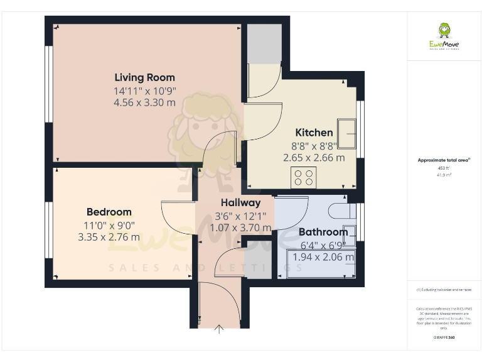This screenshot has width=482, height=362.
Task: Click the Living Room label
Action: [144, 78]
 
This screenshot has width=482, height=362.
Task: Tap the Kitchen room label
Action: [314, 133]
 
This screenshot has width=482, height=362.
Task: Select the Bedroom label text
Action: [109, 212]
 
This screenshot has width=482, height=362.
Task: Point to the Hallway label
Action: [240, 203]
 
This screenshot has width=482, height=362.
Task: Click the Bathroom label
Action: [323, 233]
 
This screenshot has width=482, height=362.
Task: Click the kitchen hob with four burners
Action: [303, 177]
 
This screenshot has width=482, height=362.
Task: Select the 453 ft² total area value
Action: [444, 168]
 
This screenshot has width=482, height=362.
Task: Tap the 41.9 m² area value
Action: [444, 175]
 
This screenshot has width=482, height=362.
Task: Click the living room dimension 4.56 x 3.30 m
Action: [144, 103]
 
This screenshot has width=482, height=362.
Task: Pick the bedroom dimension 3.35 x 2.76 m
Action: [109, 238]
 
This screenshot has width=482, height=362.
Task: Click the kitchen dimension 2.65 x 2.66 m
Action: [314, 158]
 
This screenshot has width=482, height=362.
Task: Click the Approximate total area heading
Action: [444, 161]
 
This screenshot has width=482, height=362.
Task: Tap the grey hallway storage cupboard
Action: [257, 259]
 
